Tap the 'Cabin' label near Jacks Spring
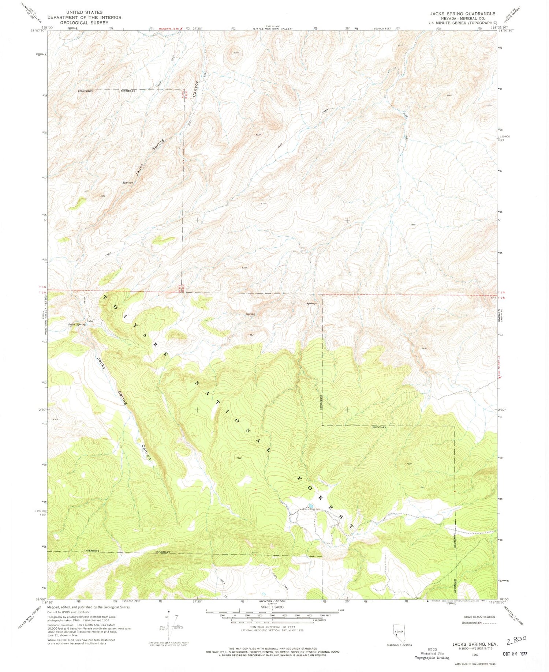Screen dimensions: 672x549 [90, 322]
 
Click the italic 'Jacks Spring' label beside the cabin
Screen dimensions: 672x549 [76, 324]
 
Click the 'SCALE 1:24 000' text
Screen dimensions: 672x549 [272, 607]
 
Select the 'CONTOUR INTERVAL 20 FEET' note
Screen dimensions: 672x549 [272, 627]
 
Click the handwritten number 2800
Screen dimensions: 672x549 [516, 640]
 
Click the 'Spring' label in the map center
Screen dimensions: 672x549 [250, 314]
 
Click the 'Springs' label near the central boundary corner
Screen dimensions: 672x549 [311, 303]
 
